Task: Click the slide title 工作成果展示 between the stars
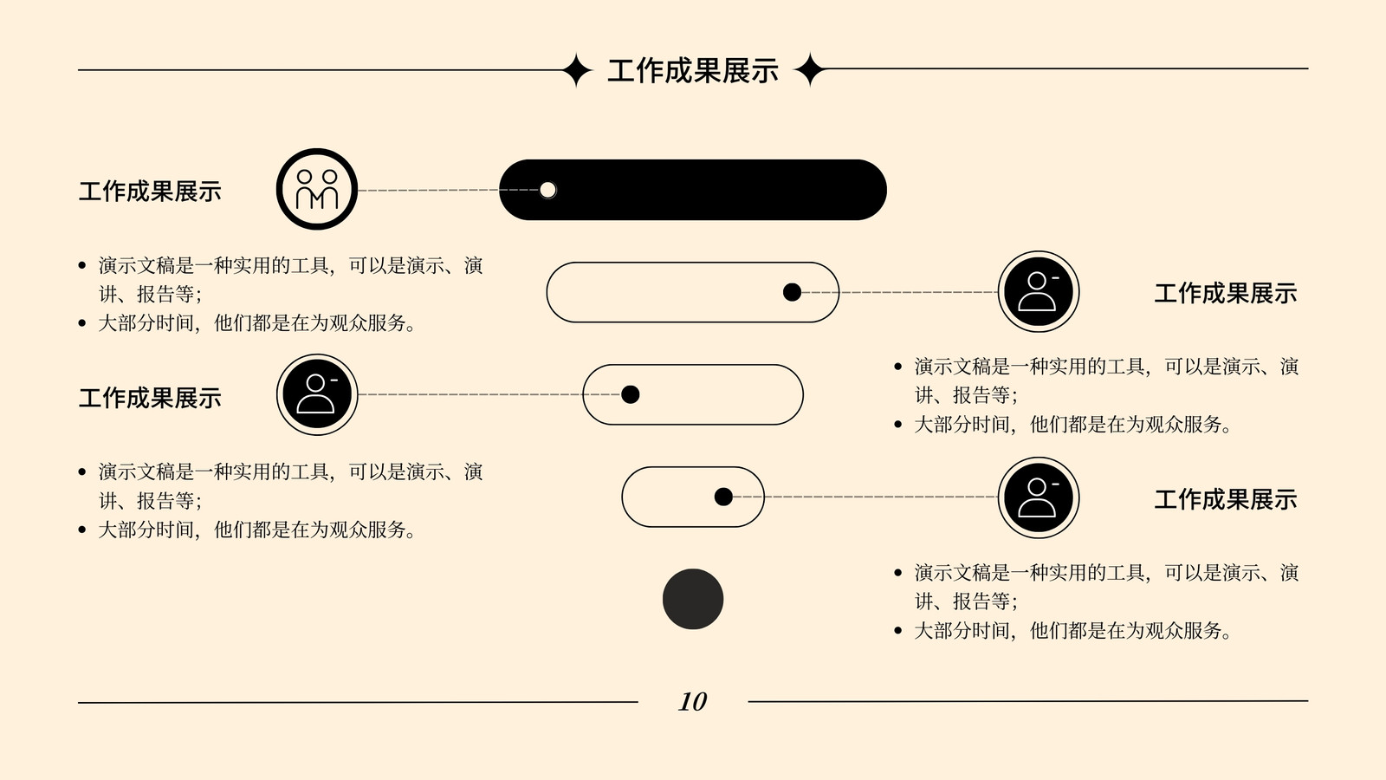693,70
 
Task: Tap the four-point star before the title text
577,70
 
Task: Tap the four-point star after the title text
809,69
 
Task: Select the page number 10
693,701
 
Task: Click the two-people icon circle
317,189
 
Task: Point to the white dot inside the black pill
547,190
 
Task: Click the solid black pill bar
693,190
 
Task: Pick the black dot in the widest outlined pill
792,292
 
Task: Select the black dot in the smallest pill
723,497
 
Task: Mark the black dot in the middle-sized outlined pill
630,394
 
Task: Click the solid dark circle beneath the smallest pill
693,599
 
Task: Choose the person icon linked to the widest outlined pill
1039,291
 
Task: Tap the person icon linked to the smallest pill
1039,497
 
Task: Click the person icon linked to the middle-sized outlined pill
317,394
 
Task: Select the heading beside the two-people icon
150,192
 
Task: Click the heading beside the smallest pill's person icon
1225,499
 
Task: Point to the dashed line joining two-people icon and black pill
449,190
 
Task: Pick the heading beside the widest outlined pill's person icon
1225,294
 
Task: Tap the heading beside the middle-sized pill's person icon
150,398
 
